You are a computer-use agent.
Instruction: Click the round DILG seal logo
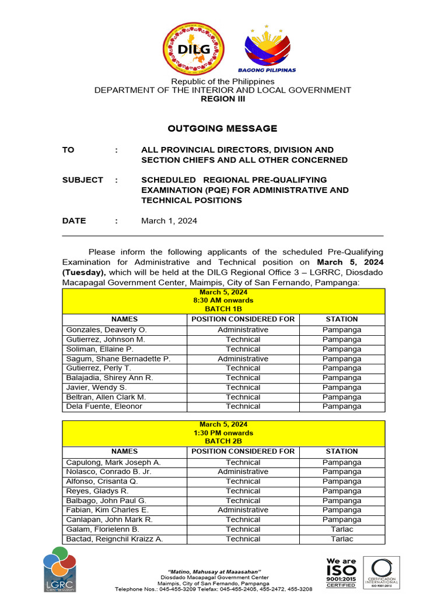point(192,49)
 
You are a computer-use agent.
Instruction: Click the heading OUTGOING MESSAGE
point(223,128)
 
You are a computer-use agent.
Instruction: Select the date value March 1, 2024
point(169,221)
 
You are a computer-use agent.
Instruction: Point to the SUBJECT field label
point(83,180)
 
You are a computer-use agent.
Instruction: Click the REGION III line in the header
point(223,99)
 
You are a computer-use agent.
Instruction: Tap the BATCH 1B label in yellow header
point(223,308)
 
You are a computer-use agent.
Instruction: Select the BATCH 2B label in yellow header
point(223,441)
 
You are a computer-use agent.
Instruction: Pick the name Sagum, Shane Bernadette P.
point(118,359)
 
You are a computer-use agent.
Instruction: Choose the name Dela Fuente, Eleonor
point(104,406)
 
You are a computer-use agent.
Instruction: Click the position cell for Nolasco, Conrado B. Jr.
point(243,472)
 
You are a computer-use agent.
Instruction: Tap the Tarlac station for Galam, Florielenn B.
point(342,529)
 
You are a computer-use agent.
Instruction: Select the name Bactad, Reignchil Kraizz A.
point(114,539)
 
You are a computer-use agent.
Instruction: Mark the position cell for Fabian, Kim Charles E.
point(243,510)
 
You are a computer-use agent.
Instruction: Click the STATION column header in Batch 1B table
point(342,319)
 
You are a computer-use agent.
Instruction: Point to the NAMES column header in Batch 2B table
point(124,452)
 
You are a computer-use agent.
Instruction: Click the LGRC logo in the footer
point(60,569)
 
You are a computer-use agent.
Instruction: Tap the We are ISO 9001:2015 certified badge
point(341,572)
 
